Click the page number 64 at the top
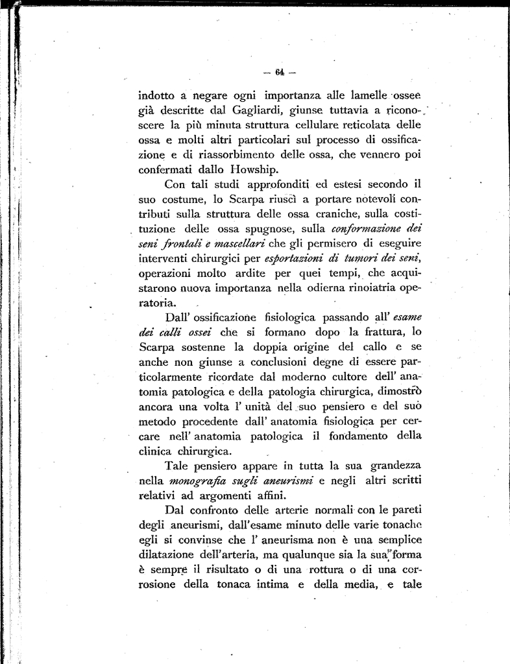coord(280,71)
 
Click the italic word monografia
coord(194,482)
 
